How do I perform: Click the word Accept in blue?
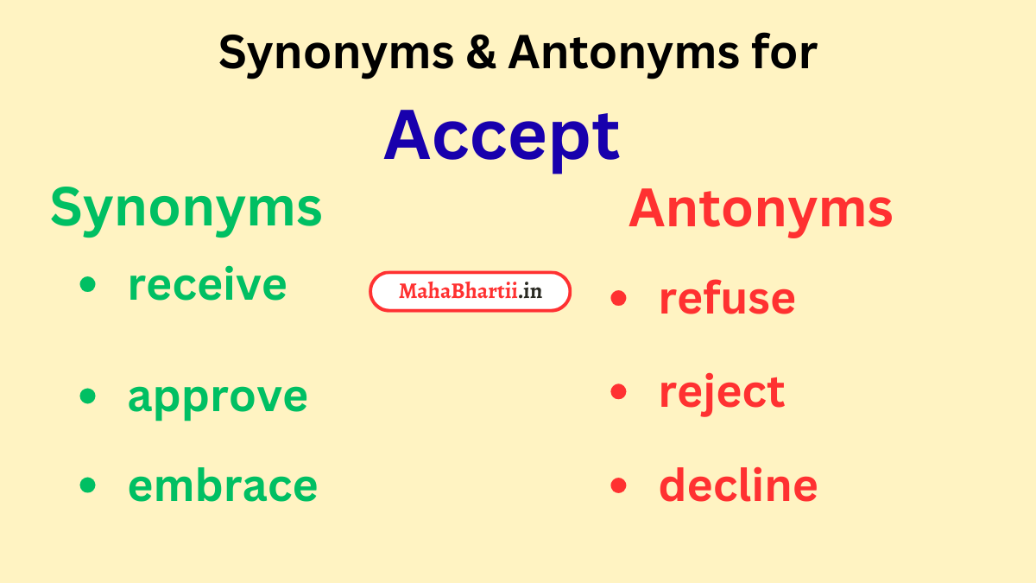pos(502,136)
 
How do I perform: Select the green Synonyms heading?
pos(186,209)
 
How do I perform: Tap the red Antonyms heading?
pos(760,209)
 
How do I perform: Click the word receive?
pos(207,285)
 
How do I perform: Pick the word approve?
pos(218,396)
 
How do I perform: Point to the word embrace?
pos(223,485)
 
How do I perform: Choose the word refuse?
pos(727,298)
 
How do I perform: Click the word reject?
pos(722,392)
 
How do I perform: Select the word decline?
pos(738,485)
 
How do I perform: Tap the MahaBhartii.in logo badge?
pos(471,292)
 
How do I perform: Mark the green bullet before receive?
pos(87,285)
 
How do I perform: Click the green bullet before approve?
pos(87,396)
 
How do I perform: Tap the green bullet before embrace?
pos(87,485)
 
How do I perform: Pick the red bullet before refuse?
pos(618,298)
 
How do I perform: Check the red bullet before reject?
pos(618,392)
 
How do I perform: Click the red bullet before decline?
pos(618,485)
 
